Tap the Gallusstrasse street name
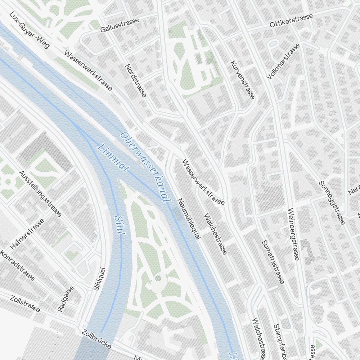120,25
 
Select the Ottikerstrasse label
292,21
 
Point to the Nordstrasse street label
136,81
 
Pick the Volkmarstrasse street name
283,62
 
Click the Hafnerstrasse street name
27,234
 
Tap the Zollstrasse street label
25,304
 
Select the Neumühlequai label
189,218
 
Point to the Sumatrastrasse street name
273,262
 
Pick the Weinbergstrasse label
293,234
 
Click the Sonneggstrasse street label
332,202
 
